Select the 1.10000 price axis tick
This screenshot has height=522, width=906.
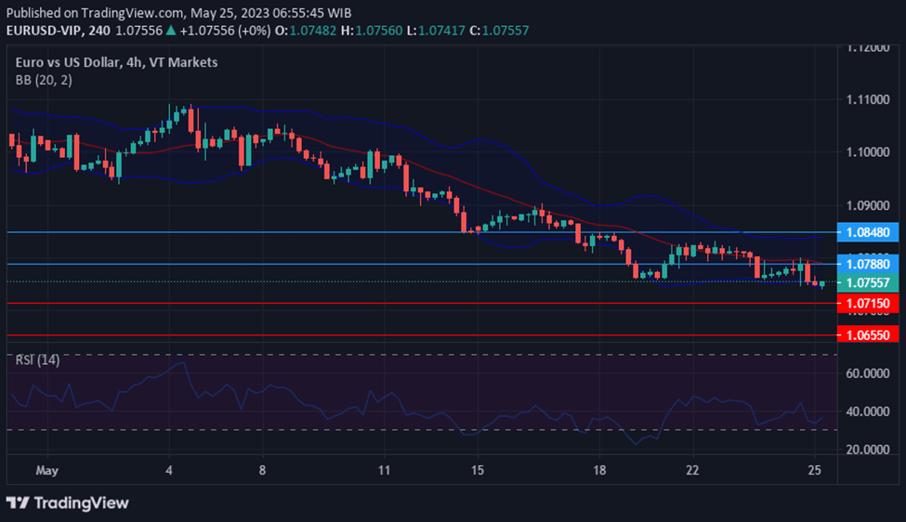point(868,151)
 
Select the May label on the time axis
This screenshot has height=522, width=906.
point(46,471)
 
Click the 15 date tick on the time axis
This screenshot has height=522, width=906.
point(478,471)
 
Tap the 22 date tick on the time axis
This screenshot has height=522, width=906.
point(692,471)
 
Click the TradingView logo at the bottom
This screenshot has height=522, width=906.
point(68,502)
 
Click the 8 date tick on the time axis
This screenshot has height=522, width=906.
point(263,471)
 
